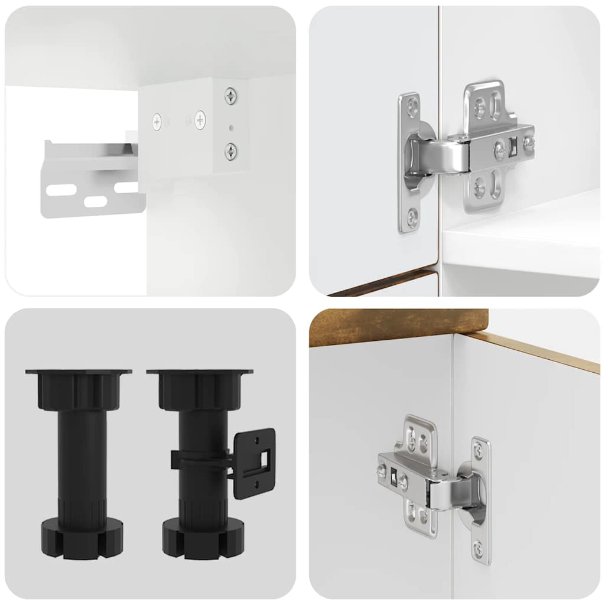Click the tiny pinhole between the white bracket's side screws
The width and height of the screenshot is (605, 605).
pyautogui.click(x=231, y=126)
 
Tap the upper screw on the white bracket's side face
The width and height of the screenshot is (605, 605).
pyautogui.click(x=230, y=95)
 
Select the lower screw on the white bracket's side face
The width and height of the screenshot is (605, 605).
pyautogui.click(x=230, y=151)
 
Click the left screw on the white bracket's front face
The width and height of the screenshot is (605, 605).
pyautogui.click(x=157, y=122)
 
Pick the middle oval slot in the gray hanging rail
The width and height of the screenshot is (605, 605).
pyautogui.click(x=95, y=201)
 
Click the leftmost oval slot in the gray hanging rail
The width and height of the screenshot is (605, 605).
pyautogui.click(x=61, y=190)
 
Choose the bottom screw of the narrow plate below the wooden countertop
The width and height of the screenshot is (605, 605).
pyautogui.click(x=477, y=549)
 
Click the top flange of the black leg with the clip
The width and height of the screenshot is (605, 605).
pyautogui.click(x=200, y=373)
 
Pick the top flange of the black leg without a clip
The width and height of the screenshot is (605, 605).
pyautogui.click(x=78, y=373)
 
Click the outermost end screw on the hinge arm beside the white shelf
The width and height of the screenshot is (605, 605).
pyautogui.click(x=529, y=142)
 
